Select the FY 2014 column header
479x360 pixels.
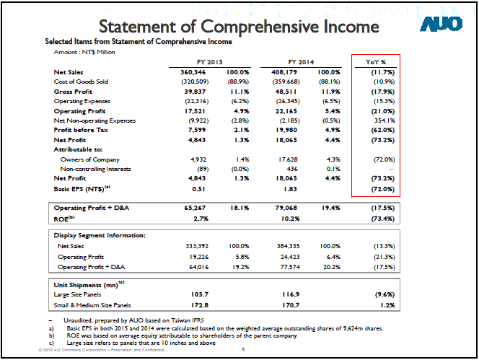301,62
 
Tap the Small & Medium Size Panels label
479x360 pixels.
92,305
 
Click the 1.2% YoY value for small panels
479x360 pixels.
388,305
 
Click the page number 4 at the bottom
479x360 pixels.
243,351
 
